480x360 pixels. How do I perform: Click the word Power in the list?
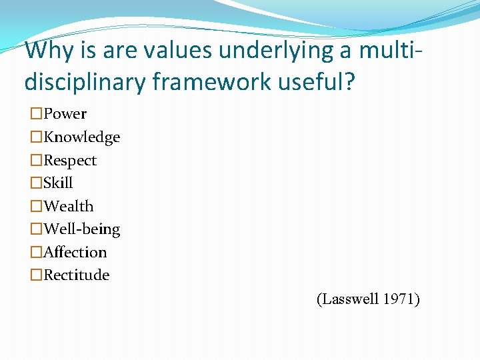[x=65, y=114]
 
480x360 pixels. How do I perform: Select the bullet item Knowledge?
[x=81, y=137]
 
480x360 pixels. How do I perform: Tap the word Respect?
[x=70, y=161]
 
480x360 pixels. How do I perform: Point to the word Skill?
[x=58, y=183]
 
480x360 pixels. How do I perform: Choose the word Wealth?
[x=69, y=206]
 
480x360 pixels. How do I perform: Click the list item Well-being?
[x=81, y=229]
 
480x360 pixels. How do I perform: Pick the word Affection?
[x=75, y=252]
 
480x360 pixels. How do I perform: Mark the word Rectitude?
[x=77, y=275]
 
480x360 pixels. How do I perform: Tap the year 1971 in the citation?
[x=401, y=299]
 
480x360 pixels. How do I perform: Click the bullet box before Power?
[x=36, y=115]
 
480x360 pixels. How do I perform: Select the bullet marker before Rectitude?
[x=36, y=275]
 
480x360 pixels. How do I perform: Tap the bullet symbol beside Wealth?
[x=36, y=207]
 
